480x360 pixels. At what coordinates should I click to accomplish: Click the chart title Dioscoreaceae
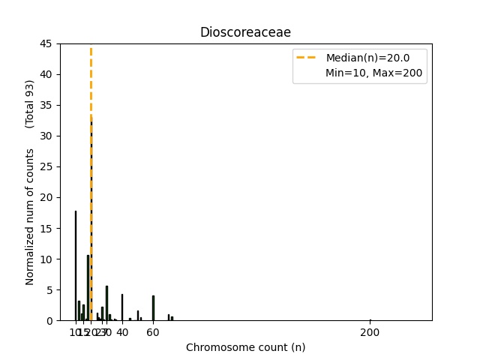(245, 33)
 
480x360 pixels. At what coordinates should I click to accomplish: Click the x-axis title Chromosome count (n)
(245, 347)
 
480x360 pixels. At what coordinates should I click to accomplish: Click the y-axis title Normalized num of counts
(30, 217)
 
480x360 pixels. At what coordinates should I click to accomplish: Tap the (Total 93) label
(30, 103)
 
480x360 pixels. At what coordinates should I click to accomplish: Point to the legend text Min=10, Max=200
(373, 73)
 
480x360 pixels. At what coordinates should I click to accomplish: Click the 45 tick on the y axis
(46, 44)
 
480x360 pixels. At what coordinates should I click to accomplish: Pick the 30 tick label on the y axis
(46, 136)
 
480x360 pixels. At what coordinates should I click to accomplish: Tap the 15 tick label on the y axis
(46, 229)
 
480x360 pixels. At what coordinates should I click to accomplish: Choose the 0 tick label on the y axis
(49, 321)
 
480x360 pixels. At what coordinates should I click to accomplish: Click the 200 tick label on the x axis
(370, 332)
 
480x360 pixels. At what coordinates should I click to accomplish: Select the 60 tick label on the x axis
(153, 332)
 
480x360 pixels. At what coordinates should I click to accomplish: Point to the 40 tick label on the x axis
(122, 332)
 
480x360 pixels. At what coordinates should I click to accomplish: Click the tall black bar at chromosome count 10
(76, 266)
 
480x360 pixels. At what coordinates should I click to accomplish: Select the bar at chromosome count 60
(153, 308)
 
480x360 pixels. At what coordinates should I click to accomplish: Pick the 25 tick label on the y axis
(46, 167)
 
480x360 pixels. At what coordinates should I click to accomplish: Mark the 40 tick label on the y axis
(46, 75)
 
